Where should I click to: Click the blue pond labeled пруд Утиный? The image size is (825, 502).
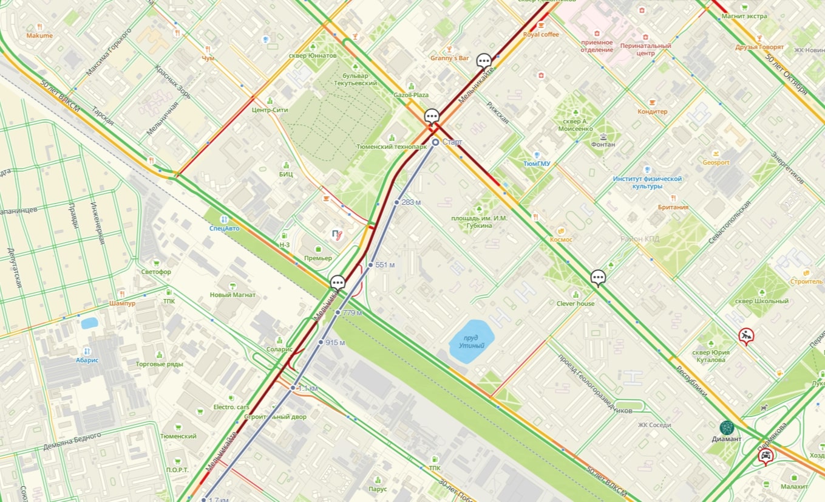(471, 341)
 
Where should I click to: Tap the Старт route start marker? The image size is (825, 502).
(436, 142)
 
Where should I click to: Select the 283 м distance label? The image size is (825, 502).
(411, 202)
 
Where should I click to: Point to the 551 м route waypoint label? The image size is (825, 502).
(385, 265)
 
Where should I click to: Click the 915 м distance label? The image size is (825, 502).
(335, 343)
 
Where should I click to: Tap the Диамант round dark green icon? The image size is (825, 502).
(727, 428)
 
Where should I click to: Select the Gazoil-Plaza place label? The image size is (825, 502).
(411, 95)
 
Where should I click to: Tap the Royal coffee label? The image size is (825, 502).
(540, 35)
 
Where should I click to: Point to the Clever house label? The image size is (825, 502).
(575, 303)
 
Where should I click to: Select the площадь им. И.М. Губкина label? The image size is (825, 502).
(480, 222)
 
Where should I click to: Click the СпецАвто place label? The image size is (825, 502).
(224, 229)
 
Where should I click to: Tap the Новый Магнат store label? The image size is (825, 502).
(233, 295)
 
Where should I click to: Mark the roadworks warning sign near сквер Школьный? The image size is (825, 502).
(746, 335)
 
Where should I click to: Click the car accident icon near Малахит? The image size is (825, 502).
(766, 456)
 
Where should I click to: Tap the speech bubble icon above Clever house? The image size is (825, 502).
(599, 278)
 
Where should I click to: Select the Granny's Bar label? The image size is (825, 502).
(449, 58)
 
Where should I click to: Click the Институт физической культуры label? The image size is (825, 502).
(647, 182)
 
